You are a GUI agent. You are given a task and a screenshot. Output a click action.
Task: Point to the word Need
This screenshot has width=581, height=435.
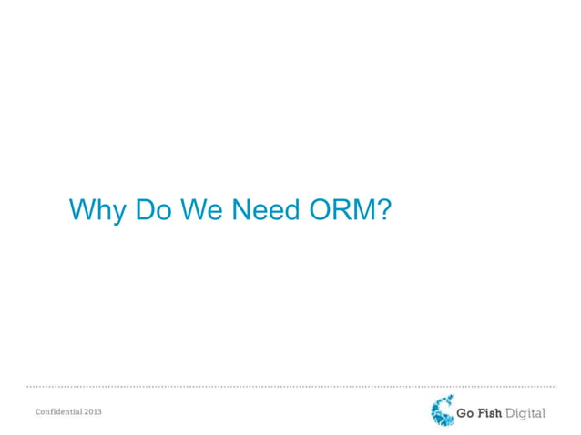[x=266, y=211]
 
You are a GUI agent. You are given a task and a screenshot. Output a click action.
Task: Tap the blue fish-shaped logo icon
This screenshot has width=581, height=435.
[x=442, y=411]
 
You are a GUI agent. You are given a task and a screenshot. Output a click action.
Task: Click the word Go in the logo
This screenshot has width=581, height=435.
[x=465, y=413]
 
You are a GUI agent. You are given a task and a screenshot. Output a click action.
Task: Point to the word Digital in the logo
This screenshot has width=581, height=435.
[x=526, y=414]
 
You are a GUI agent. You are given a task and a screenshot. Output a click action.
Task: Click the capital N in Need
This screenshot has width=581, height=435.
[x=241, y=211]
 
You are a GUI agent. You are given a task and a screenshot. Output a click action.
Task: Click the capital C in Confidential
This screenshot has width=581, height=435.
[x=39, y=412]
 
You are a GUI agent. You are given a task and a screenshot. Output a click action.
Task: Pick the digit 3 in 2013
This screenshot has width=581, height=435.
[x=99, y=412]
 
